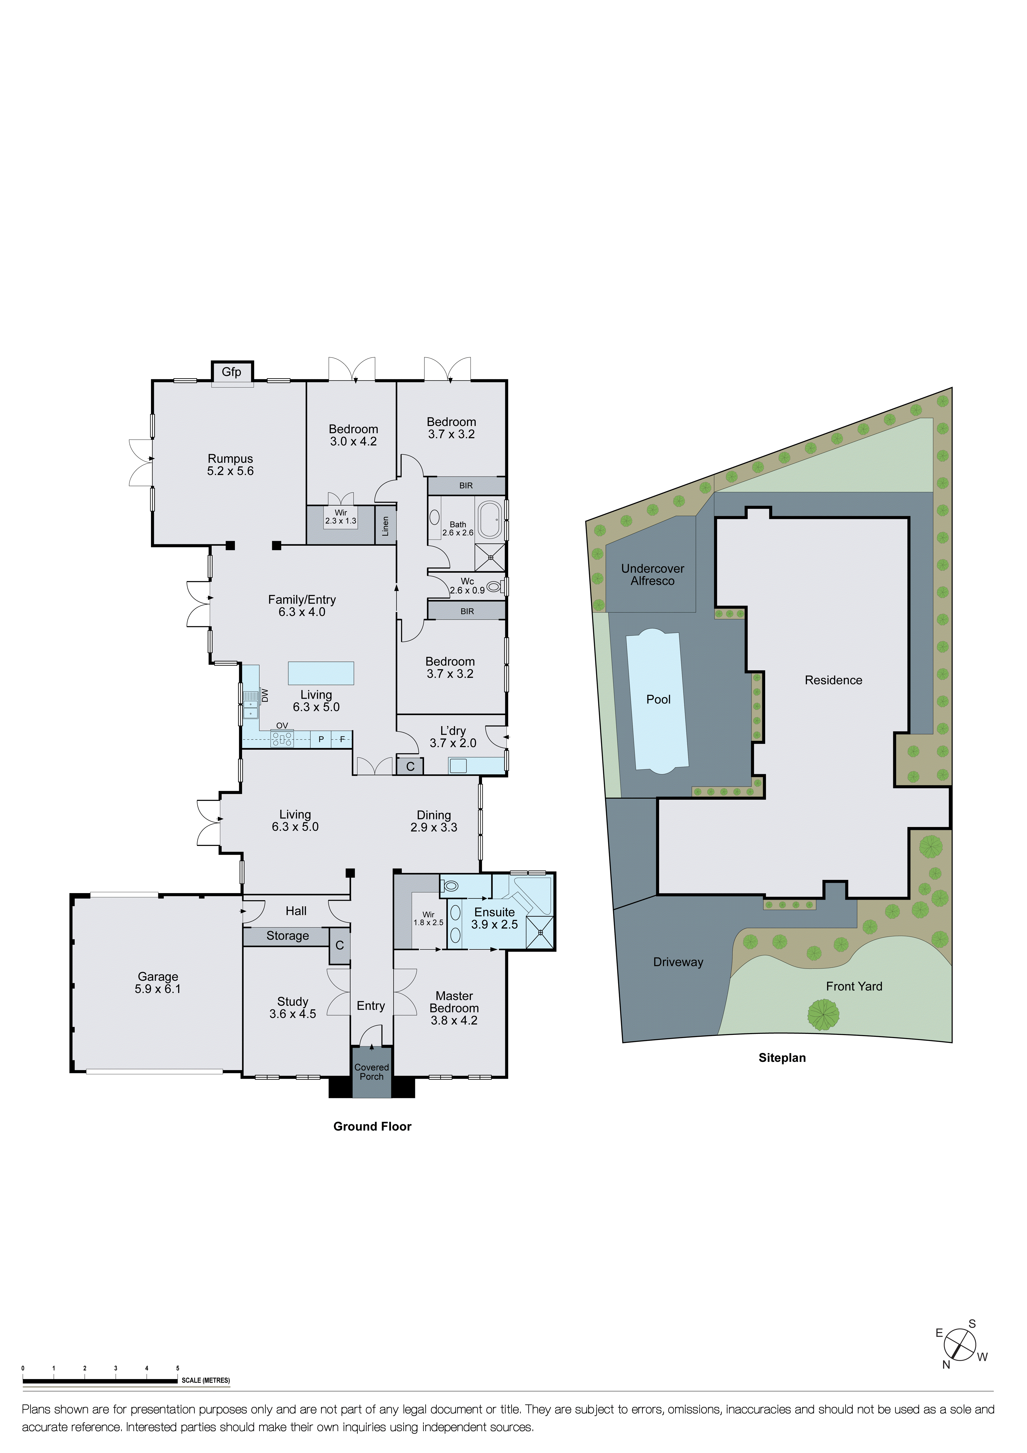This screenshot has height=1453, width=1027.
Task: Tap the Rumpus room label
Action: click(230, 459)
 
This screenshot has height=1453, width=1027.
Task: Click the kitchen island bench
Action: click(321, 673)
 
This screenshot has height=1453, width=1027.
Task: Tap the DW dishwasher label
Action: click(265, 695)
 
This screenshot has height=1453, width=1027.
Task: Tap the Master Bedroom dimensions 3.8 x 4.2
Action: click(454, 1020)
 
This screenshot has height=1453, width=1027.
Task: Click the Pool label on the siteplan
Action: click(658, 699)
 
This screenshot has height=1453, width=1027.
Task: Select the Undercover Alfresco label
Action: click(653, 575)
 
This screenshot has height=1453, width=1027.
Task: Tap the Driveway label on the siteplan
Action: click(678, 962)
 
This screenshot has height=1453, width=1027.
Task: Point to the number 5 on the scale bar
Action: click(178, 1368)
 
